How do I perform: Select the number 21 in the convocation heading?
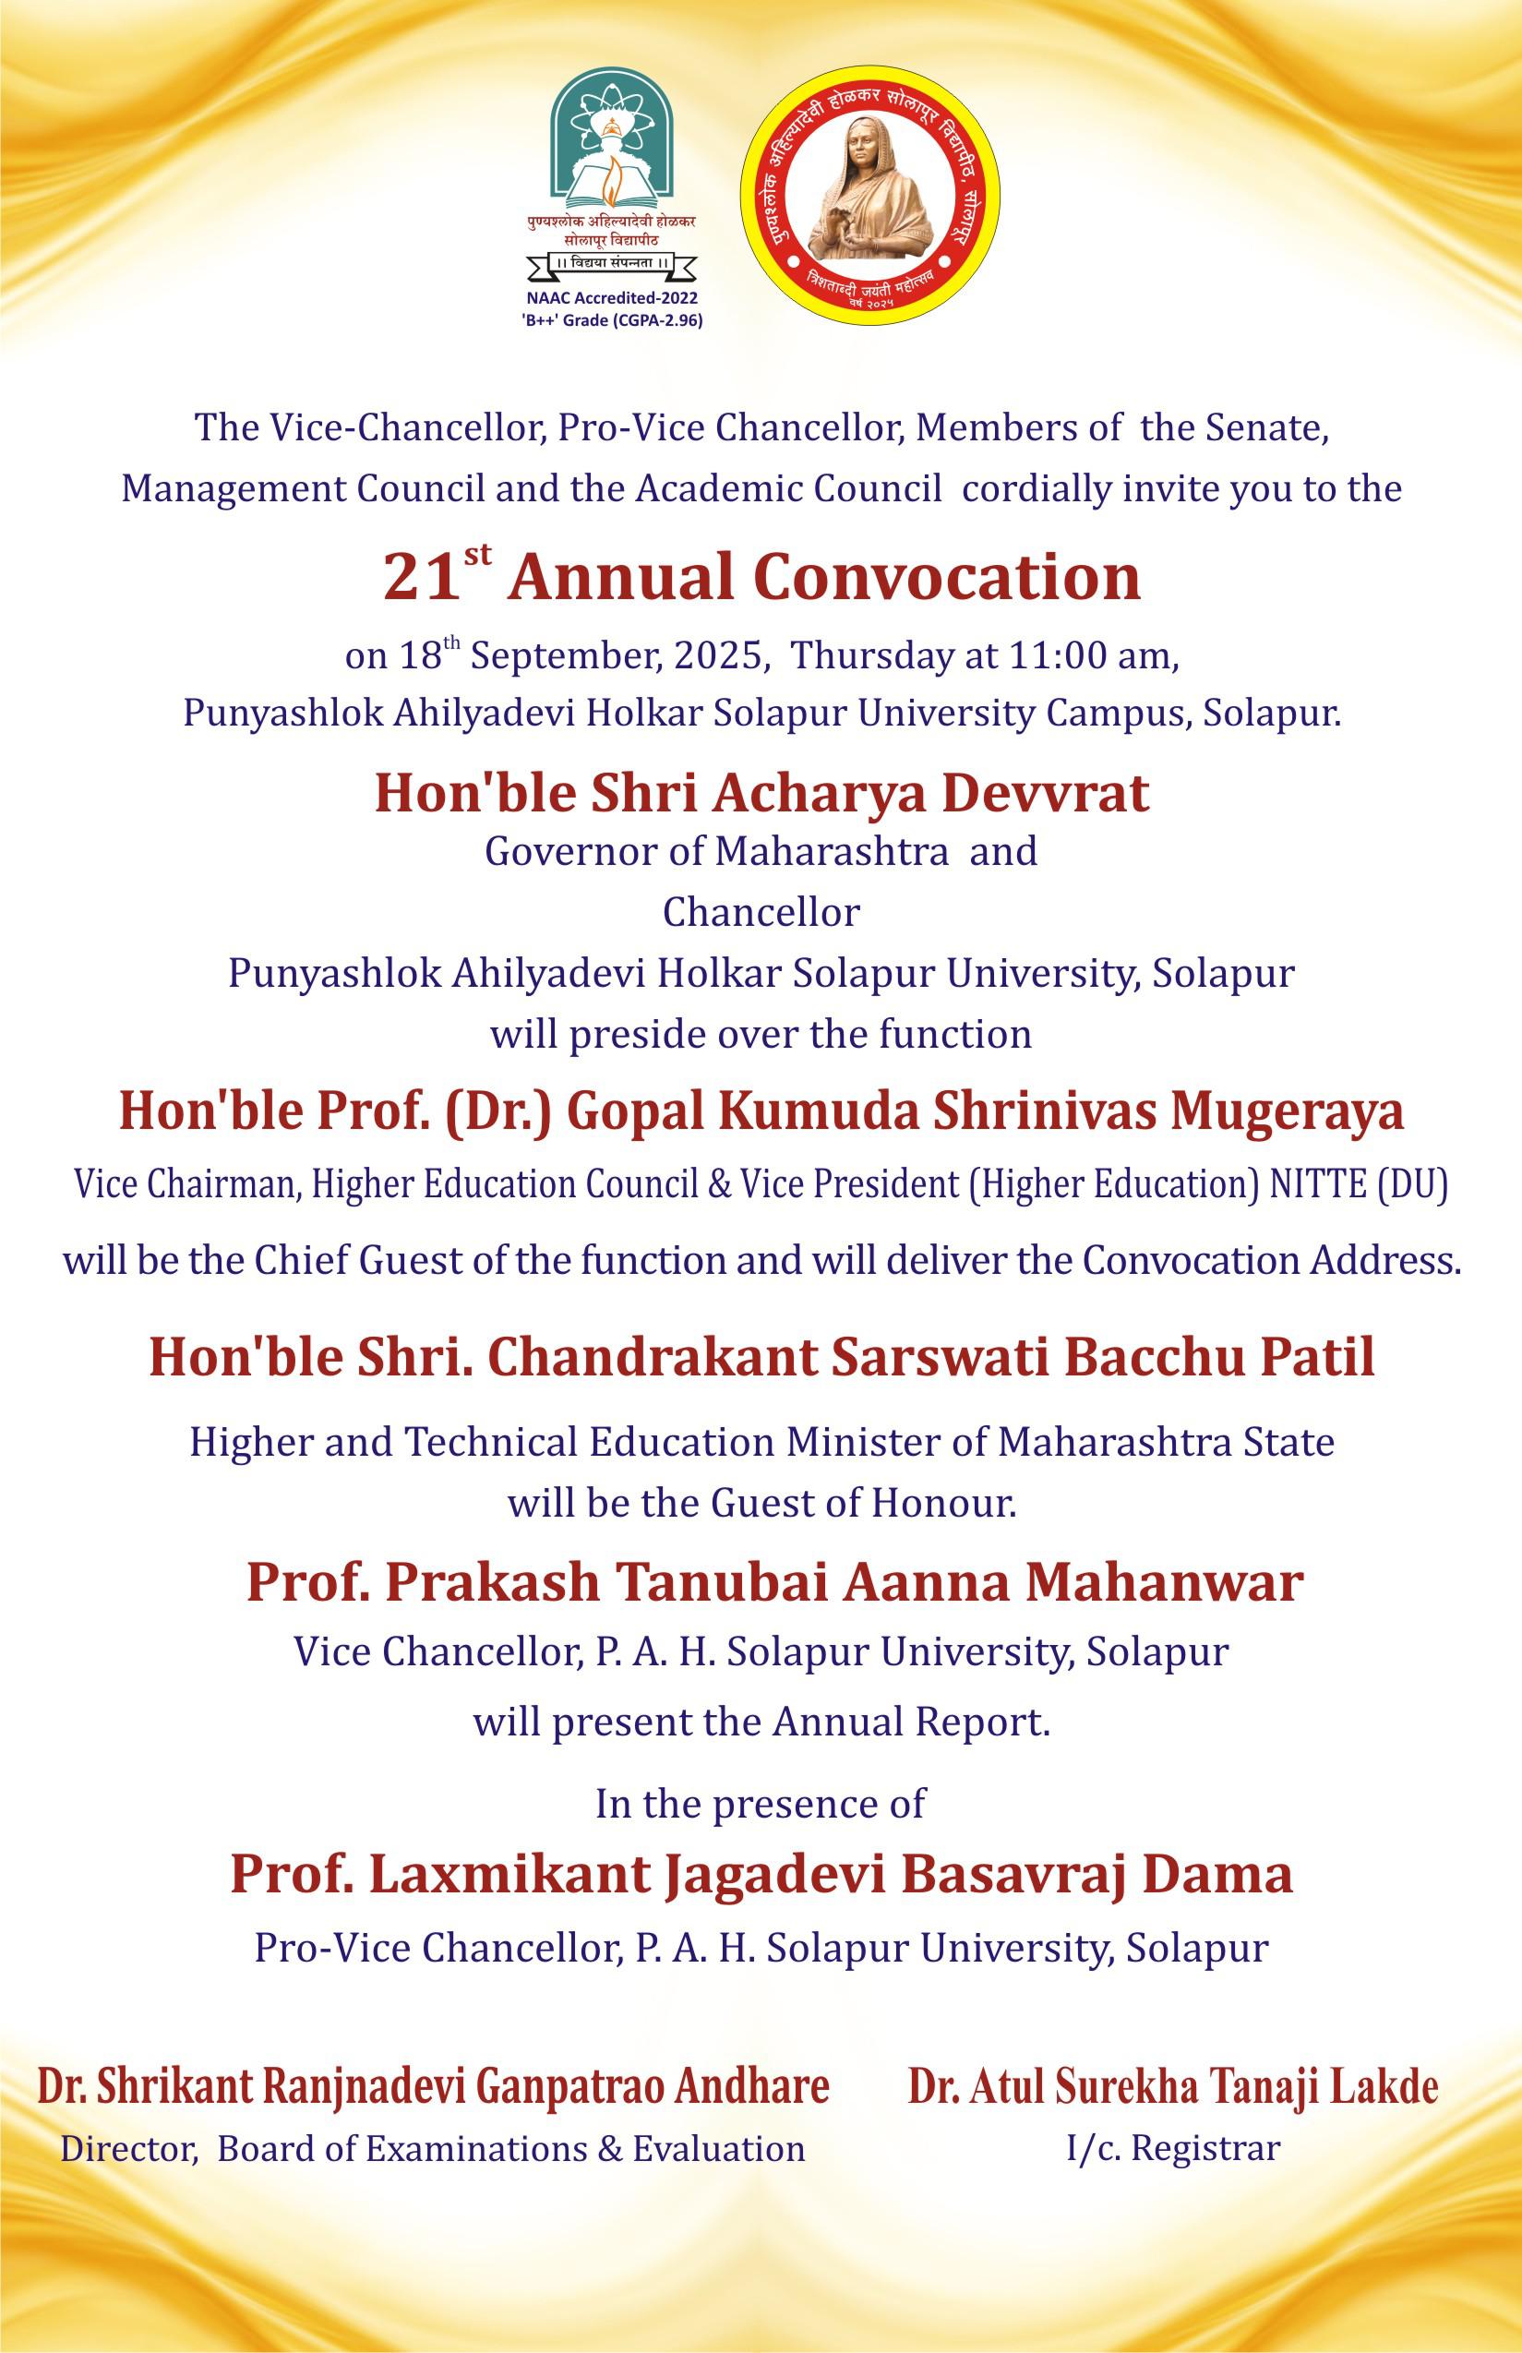tap(421, 577)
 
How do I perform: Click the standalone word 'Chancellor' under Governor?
tap(761, 912)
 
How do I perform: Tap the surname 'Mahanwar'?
tap(1163, 1581)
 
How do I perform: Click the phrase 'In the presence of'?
tap(761, 1804)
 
